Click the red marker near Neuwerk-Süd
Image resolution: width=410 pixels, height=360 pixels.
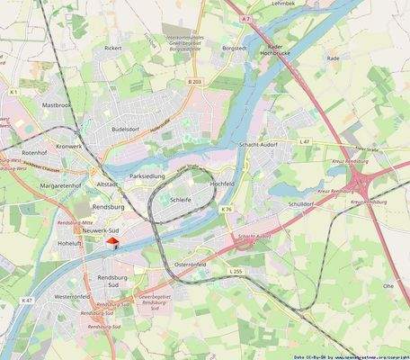pos(111,241)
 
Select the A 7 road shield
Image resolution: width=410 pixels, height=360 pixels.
pos(247,18)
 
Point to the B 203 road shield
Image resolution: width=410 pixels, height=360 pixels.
pos(194,82)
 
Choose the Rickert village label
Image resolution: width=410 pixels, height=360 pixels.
pos(112,48)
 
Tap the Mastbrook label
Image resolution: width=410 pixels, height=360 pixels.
pos(57,104)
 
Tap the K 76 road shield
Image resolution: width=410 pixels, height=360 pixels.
pos(227,210)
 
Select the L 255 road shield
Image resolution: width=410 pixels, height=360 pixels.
pos(236,271)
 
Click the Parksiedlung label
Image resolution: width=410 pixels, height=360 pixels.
pos(147,176)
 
